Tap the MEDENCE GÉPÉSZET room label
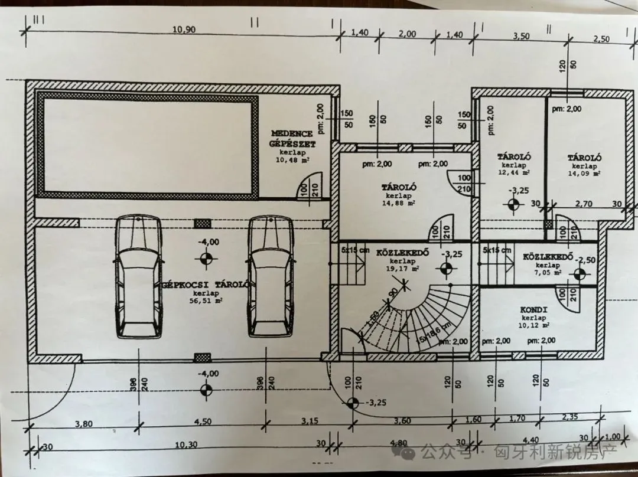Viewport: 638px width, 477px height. pos(293,138)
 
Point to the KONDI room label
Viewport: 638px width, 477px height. pos(534,310)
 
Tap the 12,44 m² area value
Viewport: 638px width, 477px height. pos(513,173)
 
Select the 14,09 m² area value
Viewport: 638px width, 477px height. pos(584,174)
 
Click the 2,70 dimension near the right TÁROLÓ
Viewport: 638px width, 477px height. pos(584,204)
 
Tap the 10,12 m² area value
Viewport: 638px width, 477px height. pos(535,325)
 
